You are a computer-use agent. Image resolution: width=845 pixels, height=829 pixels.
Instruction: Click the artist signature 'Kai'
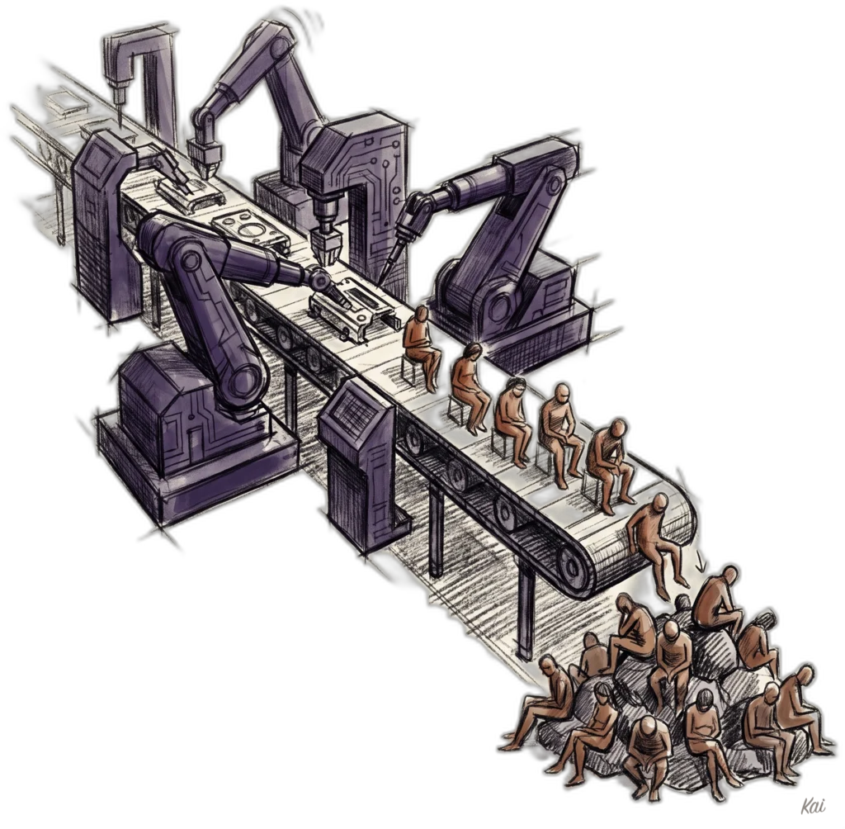click(813, 807)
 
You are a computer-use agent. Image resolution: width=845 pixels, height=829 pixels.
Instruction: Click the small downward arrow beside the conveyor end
click(701, 564)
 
